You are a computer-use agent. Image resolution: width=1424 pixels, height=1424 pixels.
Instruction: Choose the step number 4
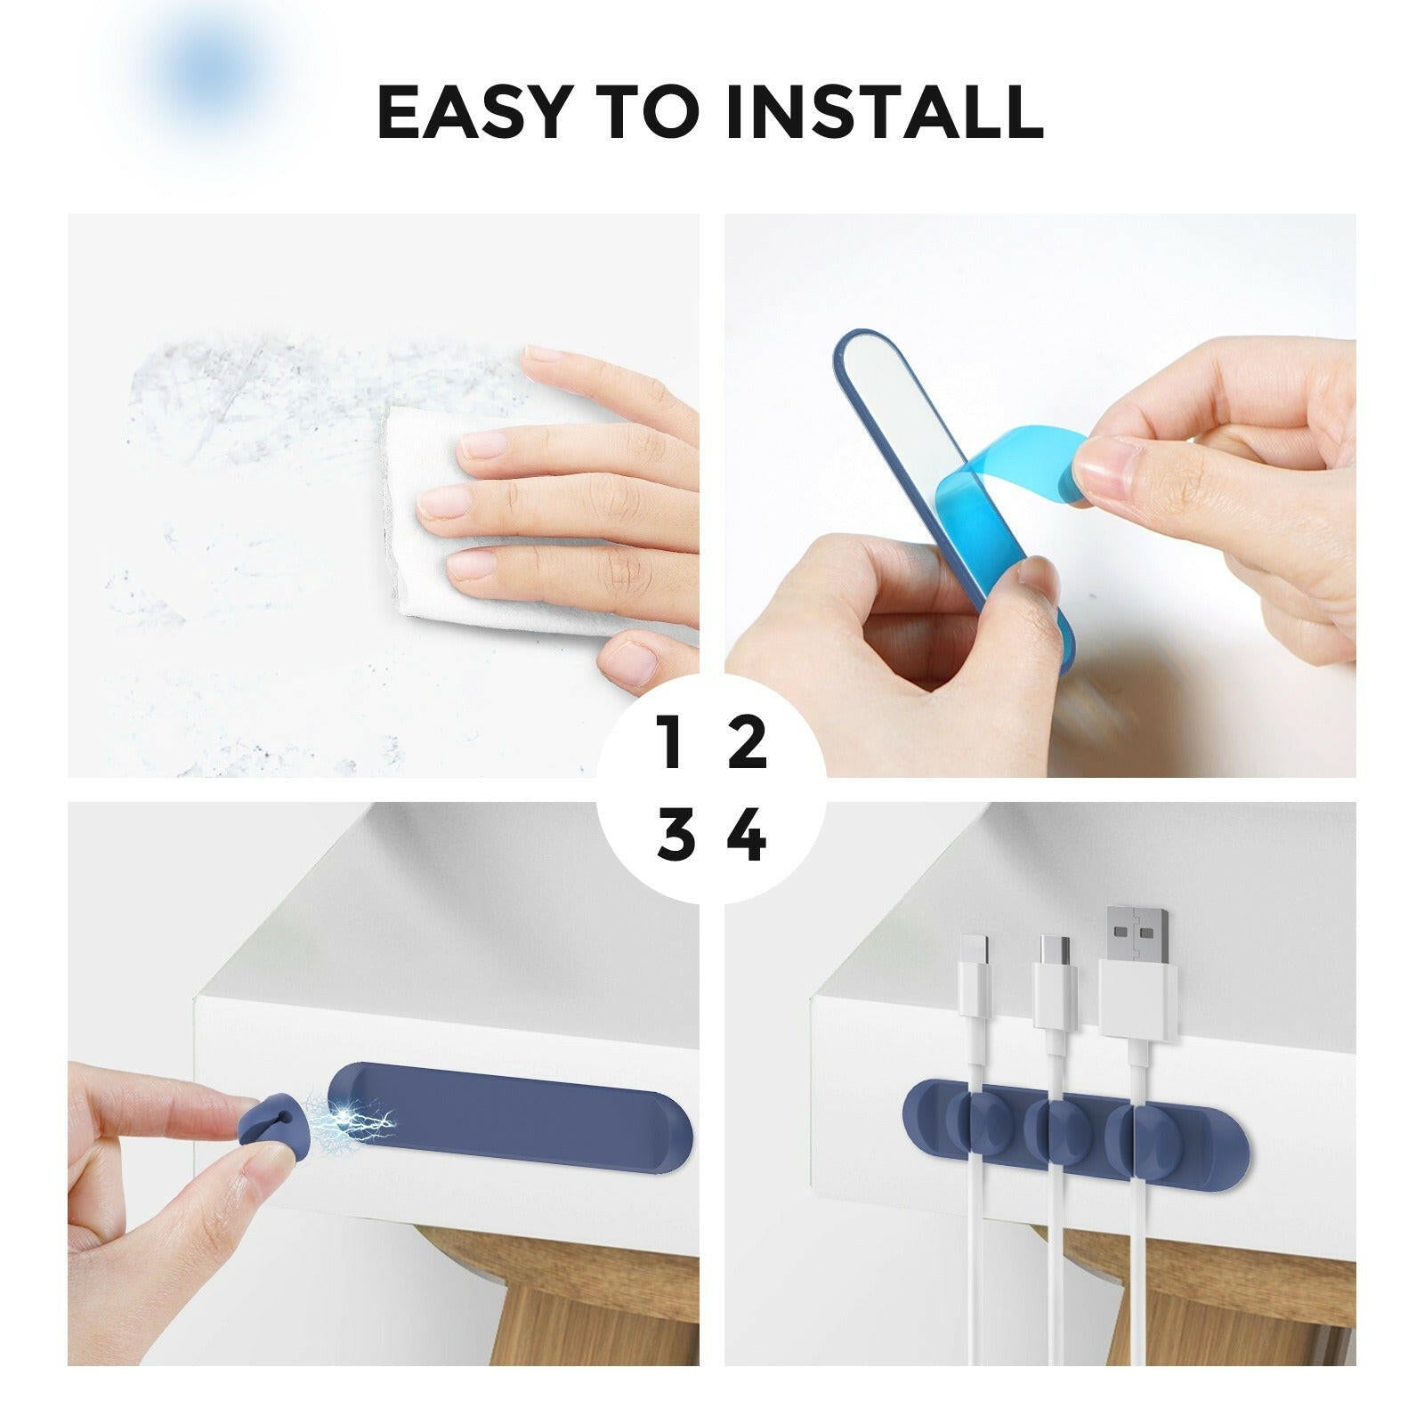pos(747,834)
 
